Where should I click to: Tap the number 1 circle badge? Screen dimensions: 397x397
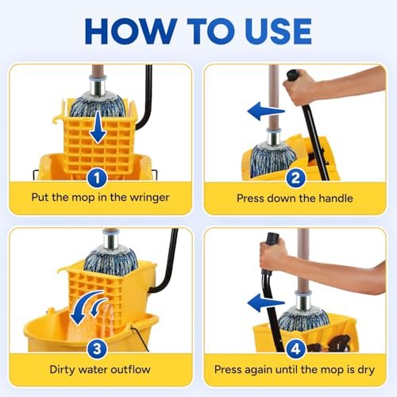pyautogui.click(x=97, y=177)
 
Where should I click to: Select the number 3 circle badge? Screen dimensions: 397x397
pyautogui.click(x=97, y=347)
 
